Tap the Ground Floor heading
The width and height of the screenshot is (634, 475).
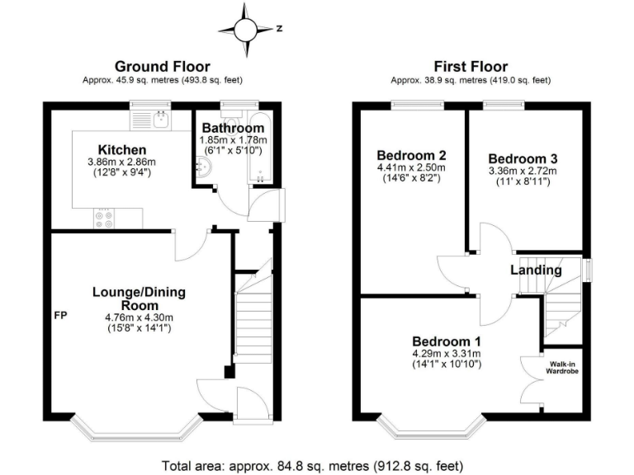click(162, 67)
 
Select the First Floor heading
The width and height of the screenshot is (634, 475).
click(471, 67)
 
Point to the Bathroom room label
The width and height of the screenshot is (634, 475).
click(234, 128)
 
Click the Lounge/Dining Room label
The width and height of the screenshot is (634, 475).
click(139, 299)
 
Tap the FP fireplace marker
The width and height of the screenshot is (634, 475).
click(60, 316)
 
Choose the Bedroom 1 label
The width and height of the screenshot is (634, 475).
click(447, 341)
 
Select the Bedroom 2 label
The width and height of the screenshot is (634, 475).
click(412, 155)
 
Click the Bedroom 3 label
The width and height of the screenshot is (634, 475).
click(518, 158)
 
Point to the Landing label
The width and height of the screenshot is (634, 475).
click(536, 270)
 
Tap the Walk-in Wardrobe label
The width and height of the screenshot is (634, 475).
click(564, 366)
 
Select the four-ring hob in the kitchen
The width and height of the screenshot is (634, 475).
click(106, 219)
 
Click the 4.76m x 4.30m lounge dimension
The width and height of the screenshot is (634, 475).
click(139, 317)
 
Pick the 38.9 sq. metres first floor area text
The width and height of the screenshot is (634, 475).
click(471, 80)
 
